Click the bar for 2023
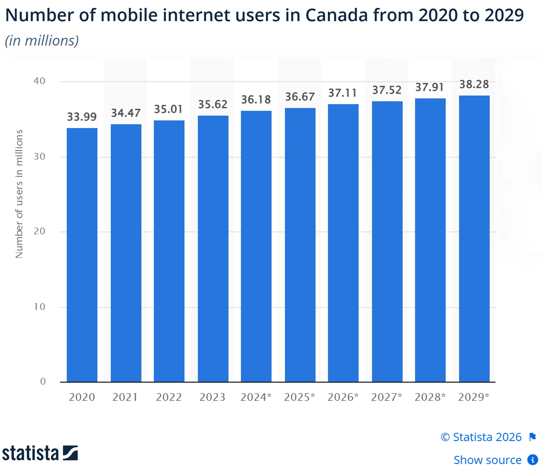[213, 249]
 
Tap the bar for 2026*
[343, 243]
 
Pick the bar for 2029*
[474, 239]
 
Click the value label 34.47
[126, 113]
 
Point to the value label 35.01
[168, 109]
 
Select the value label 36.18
[256, 100]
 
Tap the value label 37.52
[387, 90]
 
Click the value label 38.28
[474, 84]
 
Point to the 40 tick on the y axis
[40, 81]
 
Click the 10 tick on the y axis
[40, 307]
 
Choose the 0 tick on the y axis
[43, 381]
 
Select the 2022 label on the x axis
[169, 397]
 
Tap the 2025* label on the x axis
[300, 397]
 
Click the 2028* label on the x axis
[430, 397]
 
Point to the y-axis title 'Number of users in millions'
[19, 194]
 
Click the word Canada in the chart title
[336, 15]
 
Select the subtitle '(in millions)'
[42, 41]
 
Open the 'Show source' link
[488, 460]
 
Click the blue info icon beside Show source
[533, 460]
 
